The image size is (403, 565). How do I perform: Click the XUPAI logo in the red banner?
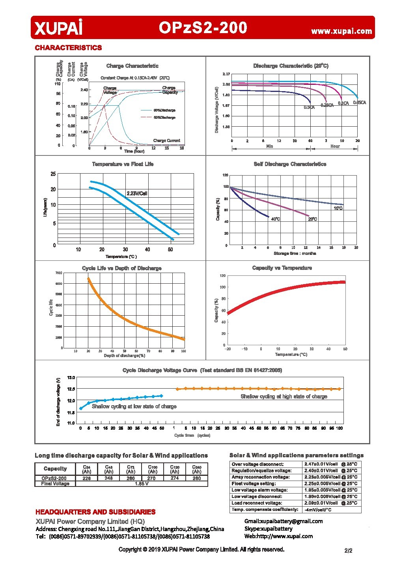pos(58,28)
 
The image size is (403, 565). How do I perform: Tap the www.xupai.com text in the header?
pos(341,31)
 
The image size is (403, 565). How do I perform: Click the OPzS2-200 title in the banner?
pos(203,28)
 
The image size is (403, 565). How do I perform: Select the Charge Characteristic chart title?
pos(132,66)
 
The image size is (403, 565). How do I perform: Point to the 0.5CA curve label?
pos(309,107)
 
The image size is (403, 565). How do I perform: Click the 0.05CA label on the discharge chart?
pos(359,103)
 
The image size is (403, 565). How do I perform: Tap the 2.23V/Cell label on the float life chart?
pos(137,193)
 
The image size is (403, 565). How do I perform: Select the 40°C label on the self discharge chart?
pos(275,219)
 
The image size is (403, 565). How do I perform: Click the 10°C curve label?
pos(338,208)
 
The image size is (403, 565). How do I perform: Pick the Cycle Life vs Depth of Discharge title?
pos(121,268)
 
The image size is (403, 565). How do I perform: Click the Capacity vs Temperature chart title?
pos(282,268)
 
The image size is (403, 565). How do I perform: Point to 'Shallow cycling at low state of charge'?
pos(134,406)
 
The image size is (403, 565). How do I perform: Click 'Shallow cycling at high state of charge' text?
pos(284,397)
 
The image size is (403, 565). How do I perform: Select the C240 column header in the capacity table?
pos(197,469)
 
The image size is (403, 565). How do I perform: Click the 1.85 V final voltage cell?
pos(142,484)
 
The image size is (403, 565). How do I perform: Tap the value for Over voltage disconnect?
pos(330,464)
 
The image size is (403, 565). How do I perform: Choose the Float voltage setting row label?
pos(254,484)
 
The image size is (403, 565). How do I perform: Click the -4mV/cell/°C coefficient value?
pos(318,510)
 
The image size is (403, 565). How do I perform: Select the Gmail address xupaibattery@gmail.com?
pos(284,521)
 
